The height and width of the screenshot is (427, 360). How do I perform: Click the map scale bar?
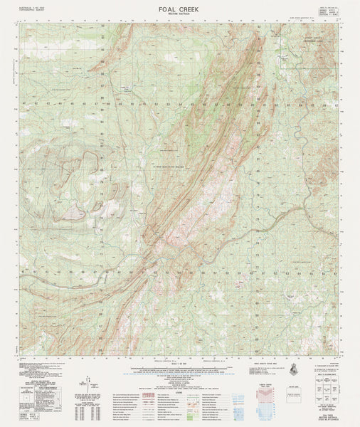[179, 368]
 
